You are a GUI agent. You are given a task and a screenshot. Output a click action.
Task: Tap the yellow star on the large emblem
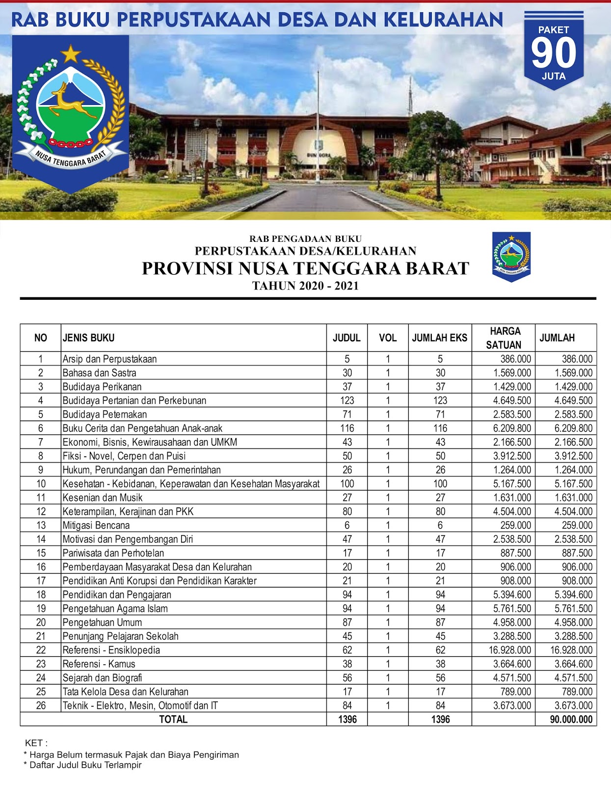(x=71, y=53)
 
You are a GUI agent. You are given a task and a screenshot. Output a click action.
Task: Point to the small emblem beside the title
(x=511, y=256)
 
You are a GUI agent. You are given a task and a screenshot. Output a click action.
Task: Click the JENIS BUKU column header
(x=89, y=338)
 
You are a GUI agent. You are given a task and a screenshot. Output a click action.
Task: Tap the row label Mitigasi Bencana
(x=96, y=525)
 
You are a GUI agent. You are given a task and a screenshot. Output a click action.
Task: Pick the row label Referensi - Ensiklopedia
(x=111, y=650)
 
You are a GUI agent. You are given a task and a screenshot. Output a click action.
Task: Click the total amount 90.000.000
(x=571, y=720)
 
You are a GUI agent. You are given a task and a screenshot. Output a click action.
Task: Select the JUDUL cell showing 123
(x=347, y=400)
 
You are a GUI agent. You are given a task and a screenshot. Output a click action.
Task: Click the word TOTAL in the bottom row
(x=173, y=720)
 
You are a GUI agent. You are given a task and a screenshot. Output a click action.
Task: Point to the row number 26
(x=41, y=706)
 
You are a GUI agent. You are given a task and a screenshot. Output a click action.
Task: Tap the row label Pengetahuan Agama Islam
(x=115, y=608)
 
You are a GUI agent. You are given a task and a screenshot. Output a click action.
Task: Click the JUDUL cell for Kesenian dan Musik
(x=347, y=497)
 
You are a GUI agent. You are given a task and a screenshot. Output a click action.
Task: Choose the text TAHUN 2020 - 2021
(x=305, y=286)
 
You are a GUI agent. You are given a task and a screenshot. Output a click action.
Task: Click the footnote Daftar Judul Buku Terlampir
(x=85, y=765)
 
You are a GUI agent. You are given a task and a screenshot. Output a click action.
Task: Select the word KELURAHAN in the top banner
(x=443, y=20)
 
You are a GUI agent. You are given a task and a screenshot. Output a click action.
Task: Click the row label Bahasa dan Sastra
(x=100, y=373)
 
